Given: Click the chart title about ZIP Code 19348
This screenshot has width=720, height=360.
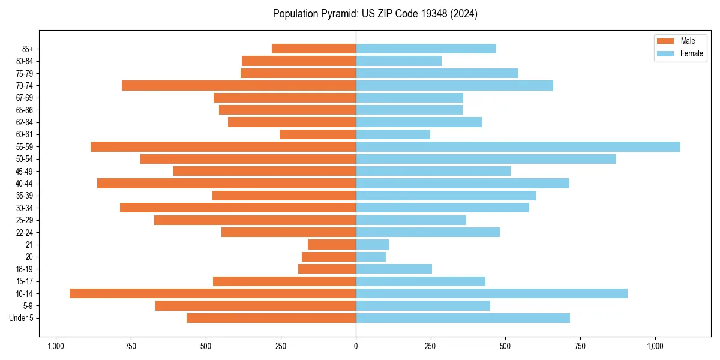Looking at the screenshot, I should point(375,14).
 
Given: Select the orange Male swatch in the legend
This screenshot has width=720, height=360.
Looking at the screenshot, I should point(665,41).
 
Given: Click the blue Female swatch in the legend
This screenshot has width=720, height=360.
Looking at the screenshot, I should point(665,53).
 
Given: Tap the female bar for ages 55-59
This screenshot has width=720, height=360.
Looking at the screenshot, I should point(518,147).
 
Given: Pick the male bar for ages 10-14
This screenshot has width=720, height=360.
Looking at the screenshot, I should point(212,293).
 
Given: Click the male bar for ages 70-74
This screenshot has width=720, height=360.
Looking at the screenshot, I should point(239,86).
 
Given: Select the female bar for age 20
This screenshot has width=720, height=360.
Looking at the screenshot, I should point(371,257).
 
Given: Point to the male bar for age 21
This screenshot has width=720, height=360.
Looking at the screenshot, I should point(332,245).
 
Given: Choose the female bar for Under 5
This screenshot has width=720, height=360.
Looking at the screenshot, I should point(463,318).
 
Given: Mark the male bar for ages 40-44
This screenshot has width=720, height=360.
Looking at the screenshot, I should point(226,184).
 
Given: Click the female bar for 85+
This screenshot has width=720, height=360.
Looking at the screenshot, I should point(426,49).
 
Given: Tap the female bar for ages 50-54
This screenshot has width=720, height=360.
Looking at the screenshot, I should point(486,159).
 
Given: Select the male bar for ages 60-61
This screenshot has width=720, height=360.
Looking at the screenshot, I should point(317,134).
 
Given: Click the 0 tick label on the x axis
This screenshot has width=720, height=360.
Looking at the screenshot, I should point(356,346).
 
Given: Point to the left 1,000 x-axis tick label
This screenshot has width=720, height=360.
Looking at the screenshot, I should point(56,346).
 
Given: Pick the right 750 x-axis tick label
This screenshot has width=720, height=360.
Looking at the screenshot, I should point(580,346).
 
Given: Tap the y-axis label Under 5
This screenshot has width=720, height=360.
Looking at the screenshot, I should point(21,318).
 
